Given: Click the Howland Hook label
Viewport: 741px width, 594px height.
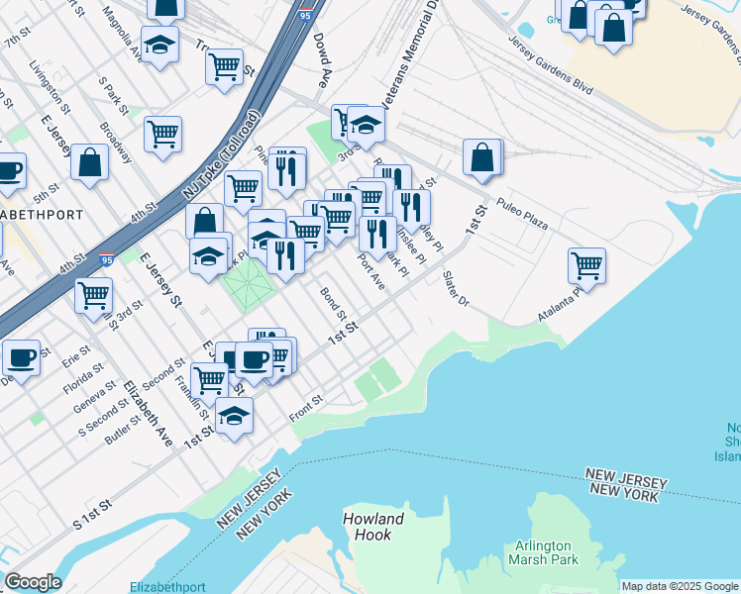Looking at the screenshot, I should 373,527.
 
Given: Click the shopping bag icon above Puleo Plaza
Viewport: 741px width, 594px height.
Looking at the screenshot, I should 481,158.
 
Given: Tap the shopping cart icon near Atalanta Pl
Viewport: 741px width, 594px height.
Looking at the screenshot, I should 586,265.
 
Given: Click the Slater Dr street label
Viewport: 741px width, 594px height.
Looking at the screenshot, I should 455,287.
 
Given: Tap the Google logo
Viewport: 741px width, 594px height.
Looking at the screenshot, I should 33,582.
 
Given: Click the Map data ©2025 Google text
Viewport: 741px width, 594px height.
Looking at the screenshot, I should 679,586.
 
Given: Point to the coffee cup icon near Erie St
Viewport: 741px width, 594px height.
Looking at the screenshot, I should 20,358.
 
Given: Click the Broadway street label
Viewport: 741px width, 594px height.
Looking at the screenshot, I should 116,144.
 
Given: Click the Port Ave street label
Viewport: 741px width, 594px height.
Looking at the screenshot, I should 370,271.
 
